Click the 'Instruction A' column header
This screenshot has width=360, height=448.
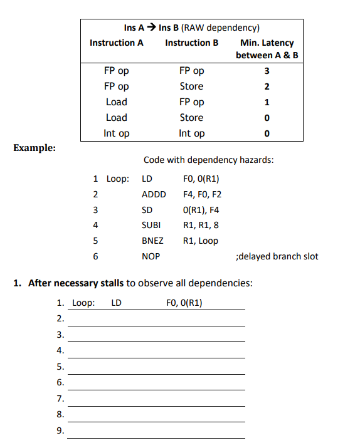click(117, 43)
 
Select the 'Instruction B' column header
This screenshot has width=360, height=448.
click(191, 43)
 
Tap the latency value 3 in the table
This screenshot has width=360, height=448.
click(267, 71)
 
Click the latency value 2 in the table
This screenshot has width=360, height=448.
click(267, 86)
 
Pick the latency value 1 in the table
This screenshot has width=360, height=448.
click(267, 102)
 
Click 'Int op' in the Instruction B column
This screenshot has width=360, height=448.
click(191, 133)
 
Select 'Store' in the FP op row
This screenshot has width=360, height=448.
click(191, 86)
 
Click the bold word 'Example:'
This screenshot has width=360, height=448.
click(34, 148)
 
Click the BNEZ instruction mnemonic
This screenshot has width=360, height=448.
click(153, 241)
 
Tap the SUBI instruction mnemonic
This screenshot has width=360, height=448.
click(152, 225)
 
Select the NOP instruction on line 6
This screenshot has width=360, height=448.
click(151, 256)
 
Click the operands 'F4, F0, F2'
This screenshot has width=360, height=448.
click(202, 194)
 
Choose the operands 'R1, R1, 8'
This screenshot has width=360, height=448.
click(201, 225)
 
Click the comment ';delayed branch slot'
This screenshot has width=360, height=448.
click(276, 256)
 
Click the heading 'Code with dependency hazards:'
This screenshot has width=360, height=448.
click(208, 160)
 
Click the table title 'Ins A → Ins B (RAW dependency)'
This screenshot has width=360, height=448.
click(192, 28)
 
